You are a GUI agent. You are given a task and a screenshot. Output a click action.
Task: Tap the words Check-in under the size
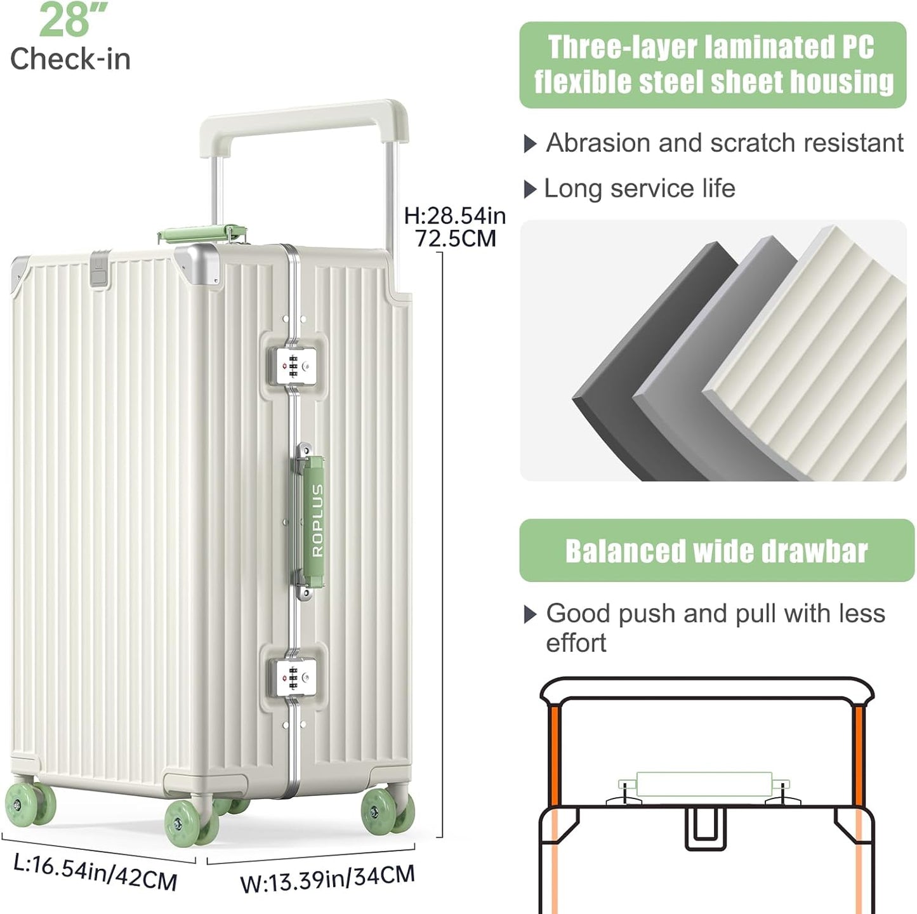pos(70,59)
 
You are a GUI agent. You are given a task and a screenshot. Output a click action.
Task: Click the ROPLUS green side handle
pos(316,521)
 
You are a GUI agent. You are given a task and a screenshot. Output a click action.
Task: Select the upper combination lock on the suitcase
pos(293,366)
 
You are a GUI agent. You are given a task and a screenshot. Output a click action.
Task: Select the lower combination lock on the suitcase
pos(293,679)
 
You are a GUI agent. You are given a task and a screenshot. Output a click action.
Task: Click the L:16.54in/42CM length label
pos(95,872)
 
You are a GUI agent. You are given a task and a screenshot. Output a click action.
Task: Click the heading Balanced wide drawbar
pos(716,551)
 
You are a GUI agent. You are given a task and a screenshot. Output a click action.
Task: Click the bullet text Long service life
pos(639,189)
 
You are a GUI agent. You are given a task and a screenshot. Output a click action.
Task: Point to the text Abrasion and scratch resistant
pos(724,143)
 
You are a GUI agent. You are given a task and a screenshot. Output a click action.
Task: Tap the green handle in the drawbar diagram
pos(703,785)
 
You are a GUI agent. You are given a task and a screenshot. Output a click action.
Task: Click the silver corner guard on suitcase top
pos(197,262)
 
